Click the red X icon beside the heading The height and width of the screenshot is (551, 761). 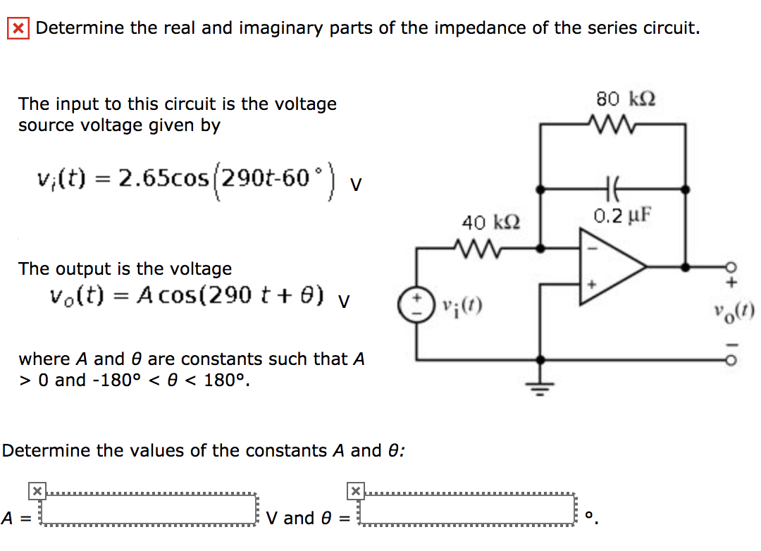[18, 29]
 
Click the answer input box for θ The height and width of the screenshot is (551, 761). [467, 509]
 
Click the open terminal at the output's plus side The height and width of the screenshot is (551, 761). [733, 267]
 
